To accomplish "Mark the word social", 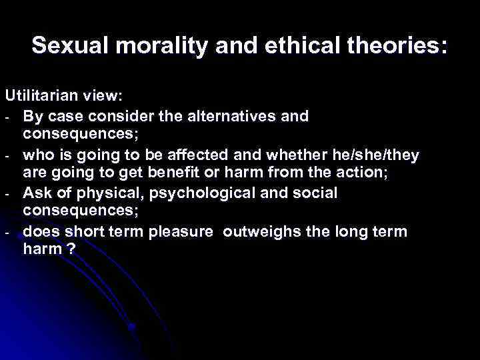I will coord(313,194).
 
